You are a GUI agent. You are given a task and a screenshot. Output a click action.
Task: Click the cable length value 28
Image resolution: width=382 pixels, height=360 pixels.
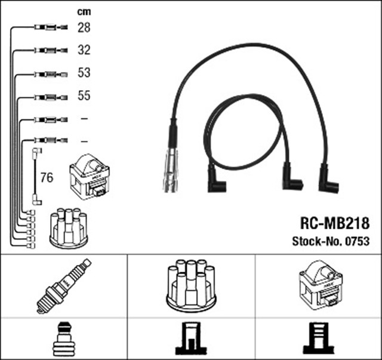[84, 27]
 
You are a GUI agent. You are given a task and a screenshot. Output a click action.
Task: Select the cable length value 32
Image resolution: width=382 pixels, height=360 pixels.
[84, 51]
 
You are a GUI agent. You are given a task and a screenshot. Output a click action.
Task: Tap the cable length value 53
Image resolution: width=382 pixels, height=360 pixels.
[84, 73]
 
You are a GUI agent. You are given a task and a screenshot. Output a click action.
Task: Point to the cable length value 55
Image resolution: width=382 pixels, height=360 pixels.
[84, 96]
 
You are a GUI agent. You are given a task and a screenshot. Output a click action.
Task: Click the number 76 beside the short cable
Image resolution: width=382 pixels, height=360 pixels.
[46, 177]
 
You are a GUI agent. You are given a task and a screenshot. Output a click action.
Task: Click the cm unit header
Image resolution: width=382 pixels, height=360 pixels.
[84, 11]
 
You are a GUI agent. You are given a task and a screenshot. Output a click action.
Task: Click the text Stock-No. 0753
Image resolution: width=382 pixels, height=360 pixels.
[330, 241]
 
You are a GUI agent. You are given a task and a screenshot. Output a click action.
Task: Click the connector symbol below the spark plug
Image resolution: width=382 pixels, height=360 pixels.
[63, 339]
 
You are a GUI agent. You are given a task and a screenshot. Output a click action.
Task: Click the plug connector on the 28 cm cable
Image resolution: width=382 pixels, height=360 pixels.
[49, 27]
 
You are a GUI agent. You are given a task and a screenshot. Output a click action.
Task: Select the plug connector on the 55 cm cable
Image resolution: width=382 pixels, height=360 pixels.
[49, 96]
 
